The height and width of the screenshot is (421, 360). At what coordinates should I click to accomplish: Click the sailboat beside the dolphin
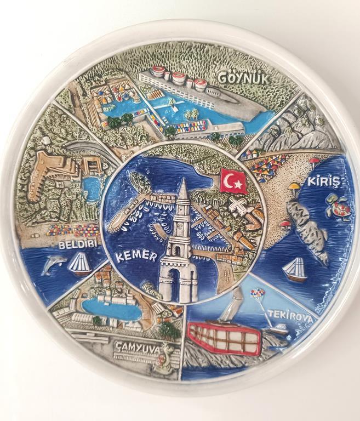tap(80, 264)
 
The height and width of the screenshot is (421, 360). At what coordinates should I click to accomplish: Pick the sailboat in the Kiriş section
tap(294, 270)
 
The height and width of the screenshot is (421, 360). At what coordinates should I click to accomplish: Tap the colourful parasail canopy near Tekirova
tap(257, 294)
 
